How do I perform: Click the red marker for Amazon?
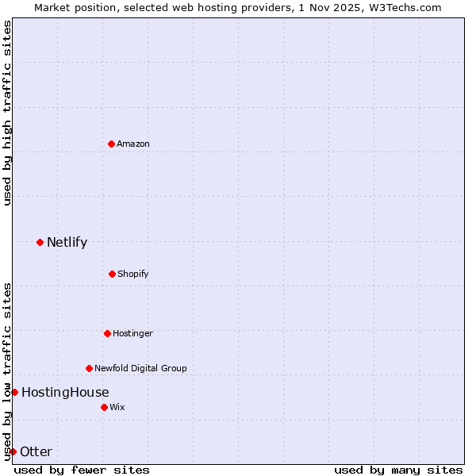pos(111,144)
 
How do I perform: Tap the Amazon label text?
pos(133,144)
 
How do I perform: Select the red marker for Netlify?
pos(40,242)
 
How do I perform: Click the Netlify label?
pos(67,243)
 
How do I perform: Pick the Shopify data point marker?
pos(112,274)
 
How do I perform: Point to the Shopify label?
pos(132,274)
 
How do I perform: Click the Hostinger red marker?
pos(107,333)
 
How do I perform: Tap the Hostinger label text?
pos(132,334)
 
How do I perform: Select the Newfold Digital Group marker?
pos(89,368)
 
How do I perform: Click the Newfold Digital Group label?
pos(140,368)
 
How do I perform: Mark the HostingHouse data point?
pos(14,392)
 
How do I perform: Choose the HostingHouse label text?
pos(65,393)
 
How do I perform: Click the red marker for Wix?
pos(104,407)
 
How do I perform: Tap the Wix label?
pos(117,407)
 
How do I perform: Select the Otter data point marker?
pos(13,451)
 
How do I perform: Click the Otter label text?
pos(36,452)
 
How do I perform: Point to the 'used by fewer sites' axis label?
pos(82,470)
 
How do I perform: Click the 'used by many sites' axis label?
pos(398,470)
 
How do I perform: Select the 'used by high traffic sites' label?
pos(7,113)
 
